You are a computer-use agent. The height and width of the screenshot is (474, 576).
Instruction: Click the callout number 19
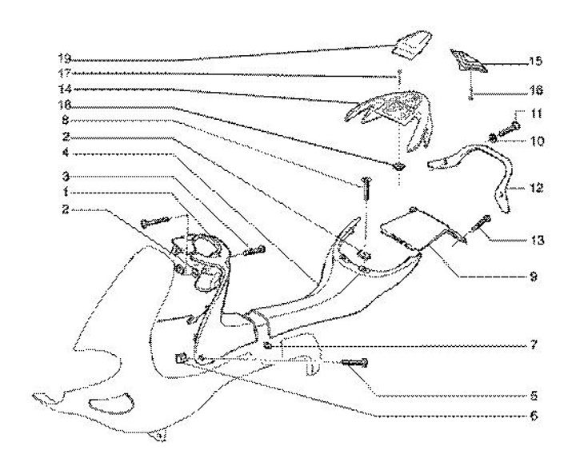(x=64, y=58)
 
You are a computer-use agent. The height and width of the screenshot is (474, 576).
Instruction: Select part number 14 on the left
(x=64, y=89)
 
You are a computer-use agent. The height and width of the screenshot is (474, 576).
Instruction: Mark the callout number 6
(x=531, y=416)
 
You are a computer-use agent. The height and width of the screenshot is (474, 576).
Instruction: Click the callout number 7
(x=531, y=349)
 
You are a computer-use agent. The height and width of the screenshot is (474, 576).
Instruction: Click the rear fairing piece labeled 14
(x=392, y=108)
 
